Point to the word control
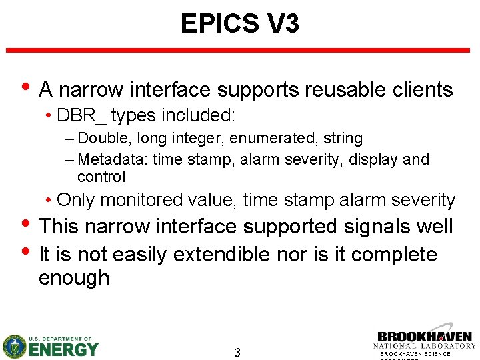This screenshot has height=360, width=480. point(101,177)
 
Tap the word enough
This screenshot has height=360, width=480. point(74,278)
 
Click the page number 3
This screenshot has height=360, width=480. point(238,353)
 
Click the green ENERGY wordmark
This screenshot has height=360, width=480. point(63,349)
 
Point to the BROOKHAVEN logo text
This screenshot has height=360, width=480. point(425,337)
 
